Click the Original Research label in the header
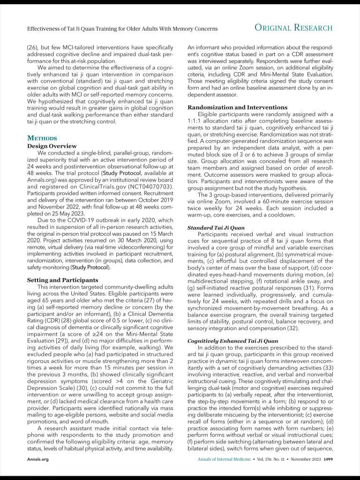pos(294,28)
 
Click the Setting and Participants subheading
pos(63,280)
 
